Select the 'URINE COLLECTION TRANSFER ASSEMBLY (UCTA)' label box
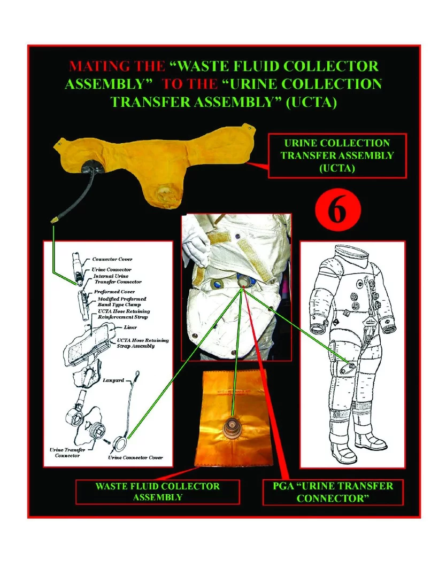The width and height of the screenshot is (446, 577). [x=337, y=155]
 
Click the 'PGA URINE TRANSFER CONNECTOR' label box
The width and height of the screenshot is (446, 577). [x=333, y=492]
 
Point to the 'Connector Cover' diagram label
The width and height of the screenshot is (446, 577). [x=112, y=259]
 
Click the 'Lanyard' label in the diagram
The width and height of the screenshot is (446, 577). [x=113, y=380]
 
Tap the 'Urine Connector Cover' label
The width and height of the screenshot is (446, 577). [x=135, y=458]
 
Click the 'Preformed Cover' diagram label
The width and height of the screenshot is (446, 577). [x=114, y=292]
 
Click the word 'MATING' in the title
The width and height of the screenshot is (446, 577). [x=91, y=66]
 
